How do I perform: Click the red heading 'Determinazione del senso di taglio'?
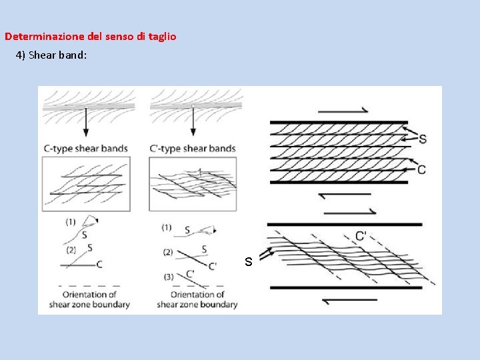[90, 37]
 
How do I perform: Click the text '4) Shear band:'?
[51, 55]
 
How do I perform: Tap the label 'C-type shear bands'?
[86, 149]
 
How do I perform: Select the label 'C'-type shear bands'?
[193, 149]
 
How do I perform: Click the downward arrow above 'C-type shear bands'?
[86, 121]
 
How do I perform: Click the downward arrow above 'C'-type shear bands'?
[193, 121]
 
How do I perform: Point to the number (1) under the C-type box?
[71, 221]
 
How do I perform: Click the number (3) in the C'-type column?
[169, 277]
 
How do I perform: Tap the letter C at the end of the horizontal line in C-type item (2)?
[99, 265]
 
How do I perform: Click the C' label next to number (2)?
[213, 266]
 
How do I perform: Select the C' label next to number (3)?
[190, 273]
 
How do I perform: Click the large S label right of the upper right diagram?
[423, 139]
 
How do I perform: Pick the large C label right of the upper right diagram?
[421, 169]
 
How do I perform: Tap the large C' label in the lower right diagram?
[361, 236]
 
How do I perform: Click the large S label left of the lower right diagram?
[249, 261]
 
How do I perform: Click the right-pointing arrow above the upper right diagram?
[343, 111]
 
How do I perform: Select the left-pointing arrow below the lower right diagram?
[349, 300]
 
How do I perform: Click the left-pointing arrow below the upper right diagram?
[345, 195]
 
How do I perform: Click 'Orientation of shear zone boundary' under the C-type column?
[89, 299]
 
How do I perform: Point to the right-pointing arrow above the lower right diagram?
[350, 213]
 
